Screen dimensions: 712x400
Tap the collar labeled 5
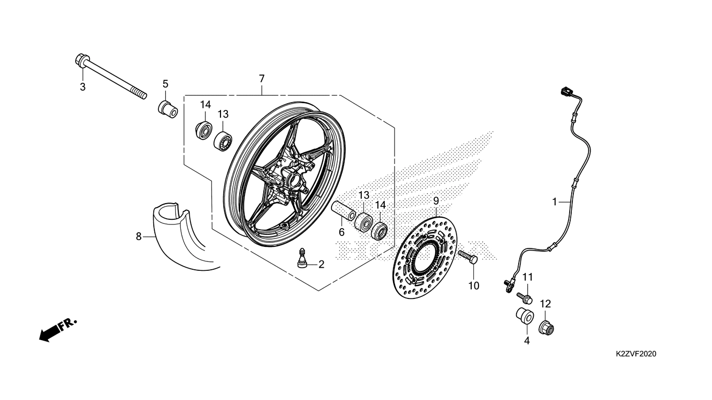point(168,109)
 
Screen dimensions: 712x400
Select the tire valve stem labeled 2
point(302,258)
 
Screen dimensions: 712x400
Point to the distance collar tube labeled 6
point(343,210)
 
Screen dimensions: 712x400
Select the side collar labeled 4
point(525,316)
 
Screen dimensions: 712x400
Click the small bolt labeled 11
point(524,298)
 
